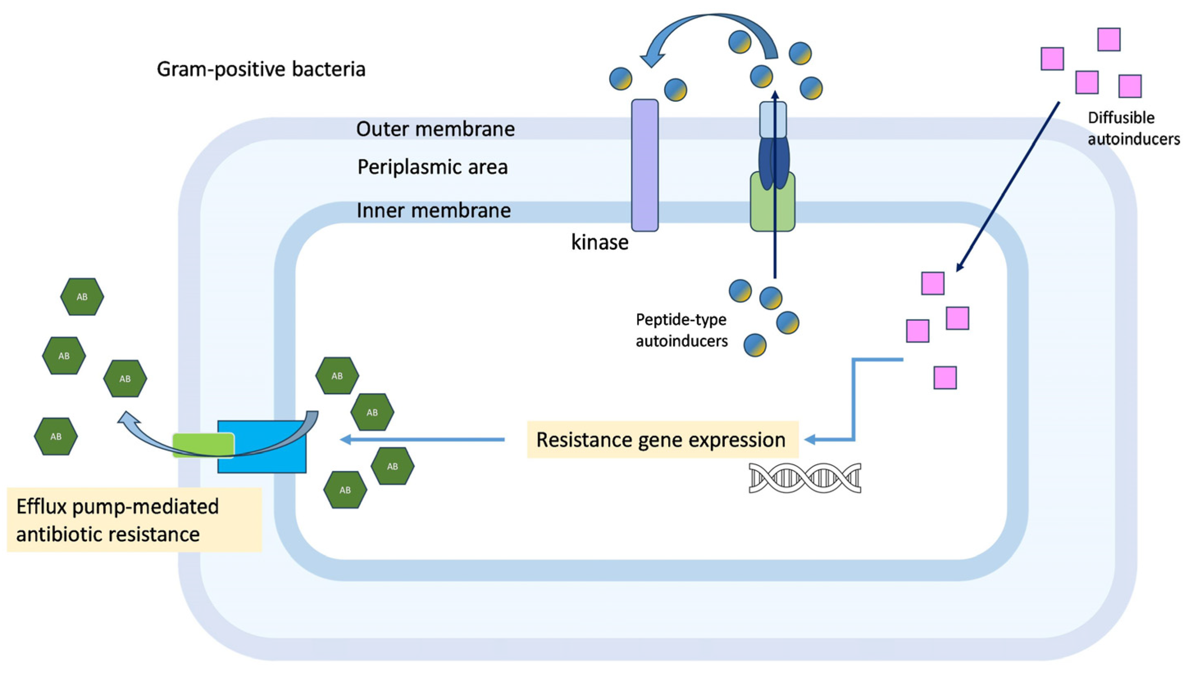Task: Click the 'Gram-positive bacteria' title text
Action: pos(261,69)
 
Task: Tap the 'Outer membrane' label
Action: pos(435,129)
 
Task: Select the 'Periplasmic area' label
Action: pos(432,167)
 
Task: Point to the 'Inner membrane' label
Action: pos(433,210)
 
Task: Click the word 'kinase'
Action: pos(599,242)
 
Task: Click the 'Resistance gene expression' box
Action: pos(662,439)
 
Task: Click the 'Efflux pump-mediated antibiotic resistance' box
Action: pos(134,519)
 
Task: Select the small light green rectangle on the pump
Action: pos(203,444)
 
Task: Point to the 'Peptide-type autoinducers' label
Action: pos(681,330)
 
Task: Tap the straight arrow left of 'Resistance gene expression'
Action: pos(422,439)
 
